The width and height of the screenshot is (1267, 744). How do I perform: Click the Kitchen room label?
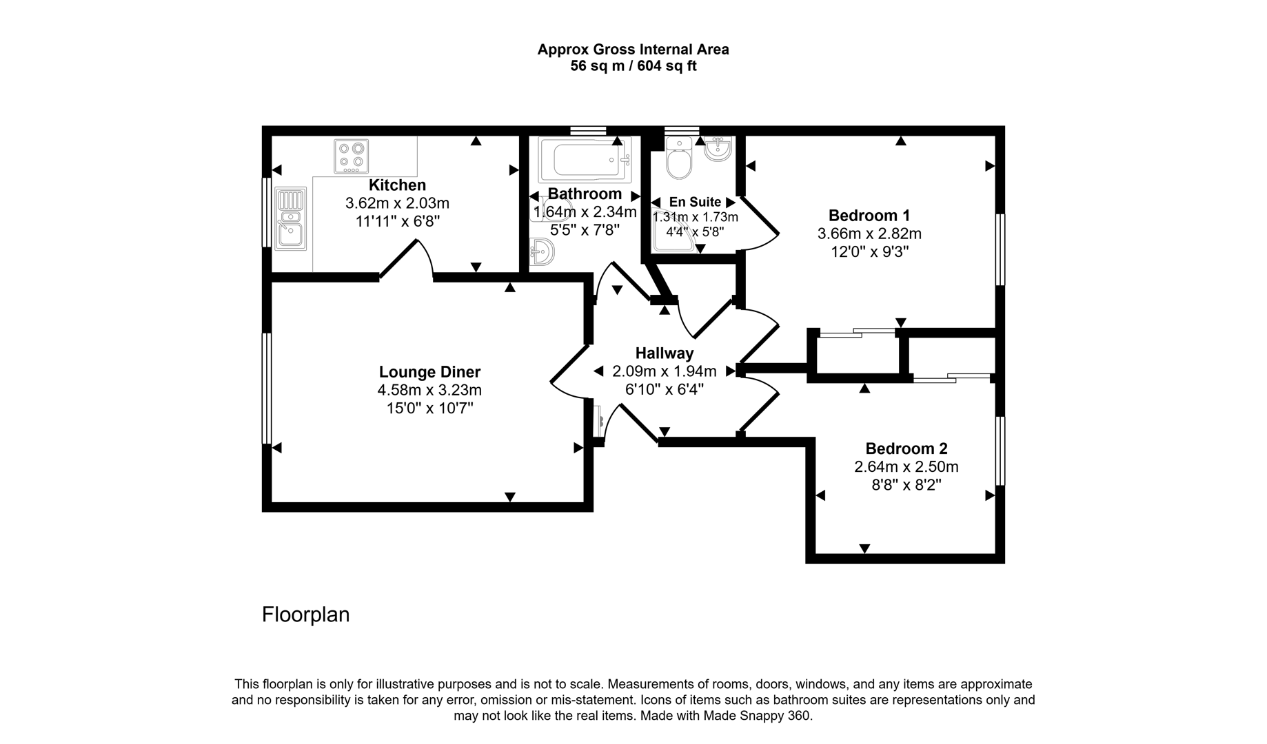click(x=397, y=185)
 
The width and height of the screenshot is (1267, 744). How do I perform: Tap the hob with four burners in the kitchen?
click(x=351, y=156)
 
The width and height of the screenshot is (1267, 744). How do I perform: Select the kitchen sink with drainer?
click(x=291, y=218)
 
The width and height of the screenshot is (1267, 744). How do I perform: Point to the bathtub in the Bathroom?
click(x=584, y=159)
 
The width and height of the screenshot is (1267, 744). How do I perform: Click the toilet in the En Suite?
click(x=679, y=159)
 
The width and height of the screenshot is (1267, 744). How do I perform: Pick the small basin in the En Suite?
click(x=718, y=149)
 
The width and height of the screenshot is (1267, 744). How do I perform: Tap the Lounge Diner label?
click(x=429, y=372)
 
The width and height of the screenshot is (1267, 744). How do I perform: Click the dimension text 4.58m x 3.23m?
click(x=429, y=390)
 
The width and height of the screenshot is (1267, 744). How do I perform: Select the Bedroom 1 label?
click(x=869, y=215)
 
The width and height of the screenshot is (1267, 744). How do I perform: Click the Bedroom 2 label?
click(x=906, y=448)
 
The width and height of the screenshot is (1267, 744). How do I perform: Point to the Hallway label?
click(x=664, y=353)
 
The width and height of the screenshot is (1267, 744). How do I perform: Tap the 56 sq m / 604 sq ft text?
click(x=633, y=66)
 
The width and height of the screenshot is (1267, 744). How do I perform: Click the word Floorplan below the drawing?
click(x=305, y=614)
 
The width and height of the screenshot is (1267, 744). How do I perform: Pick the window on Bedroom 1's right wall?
click(x=1000, y=249)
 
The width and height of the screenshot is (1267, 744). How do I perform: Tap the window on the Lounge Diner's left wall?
click(x=266, y=389)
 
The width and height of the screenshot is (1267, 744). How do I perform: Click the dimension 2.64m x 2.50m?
click(x=906, y=467)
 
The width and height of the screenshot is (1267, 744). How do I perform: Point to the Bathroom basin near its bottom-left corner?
click(x=542, y=252)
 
